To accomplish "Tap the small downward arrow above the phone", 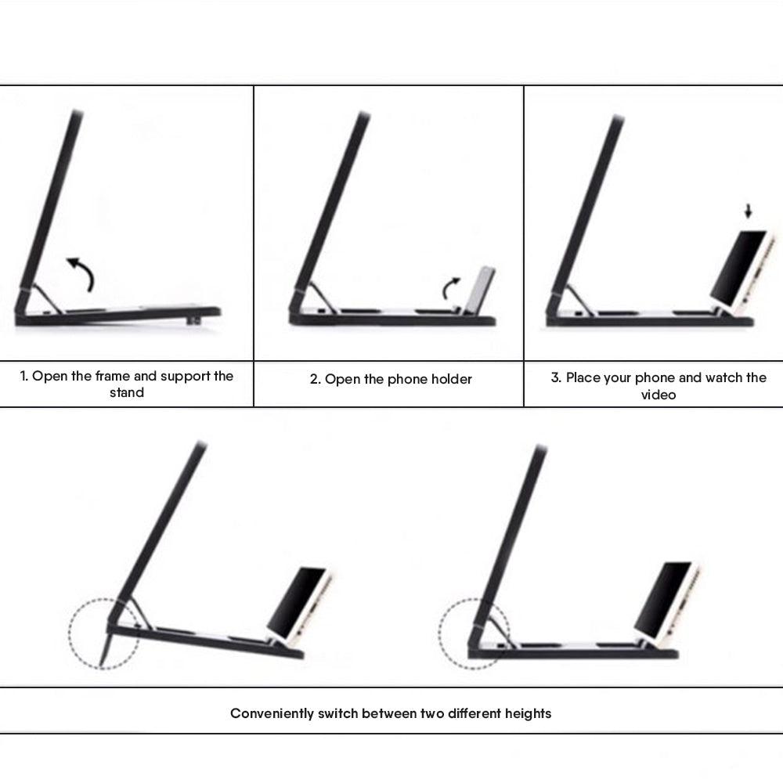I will click(748, 211).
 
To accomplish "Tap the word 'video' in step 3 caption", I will click(658, 395).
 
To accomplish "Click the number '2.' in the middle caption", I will click(316, 379).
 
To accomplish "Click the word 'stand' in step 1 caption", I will click(127, 393).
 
